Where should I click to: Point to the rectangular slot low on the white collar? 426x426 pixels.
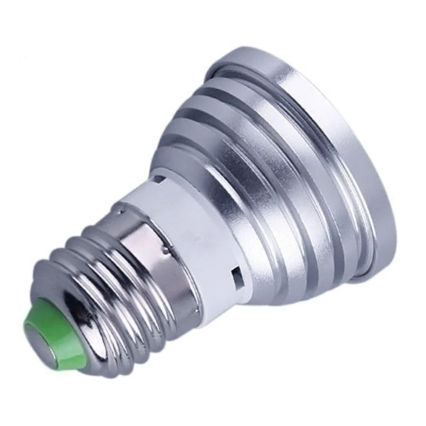pos(234,275)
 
